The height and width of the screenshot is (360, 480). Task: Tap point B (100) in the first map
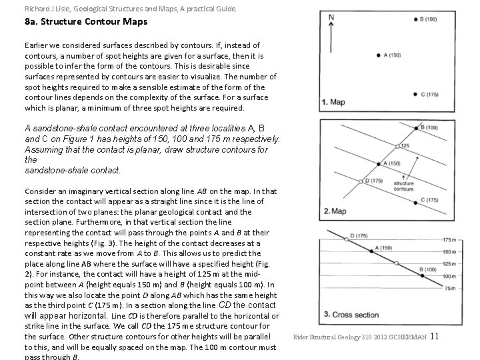click(415, 20)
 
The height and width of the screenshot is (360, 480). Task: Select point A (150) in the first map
click(378, 55)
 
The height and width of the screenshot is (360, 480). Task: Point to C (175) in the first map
click(415, 95)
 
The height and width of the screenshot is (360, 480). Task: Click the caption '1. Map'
click(333, 102)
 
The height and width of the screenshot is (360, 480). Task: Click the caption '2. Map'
click(334, 211)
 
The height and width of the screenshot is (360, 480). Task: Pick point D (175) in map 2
click(361, 181)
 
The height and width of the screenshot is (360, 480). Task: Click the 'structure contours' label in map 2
click(404, 185)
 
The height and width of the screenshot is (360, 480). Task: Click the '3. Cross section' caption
click(351, 314)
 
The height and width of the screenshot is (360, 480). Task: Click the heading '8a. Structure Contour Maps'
click(86, 22)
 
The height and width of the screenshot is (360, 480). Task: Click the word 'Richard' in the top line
click(38, 9)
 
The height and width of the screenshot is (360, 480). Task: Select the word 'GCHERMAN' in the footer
click(409, 337)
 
